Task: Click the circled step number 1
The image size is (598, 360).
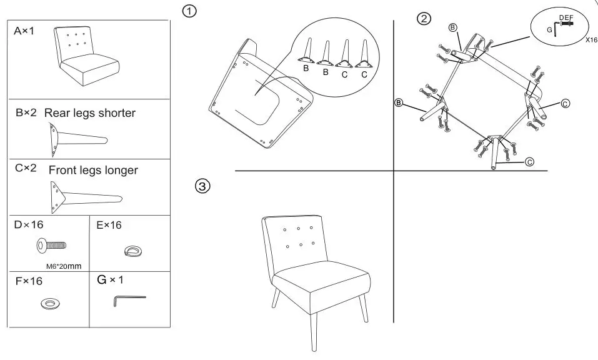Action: pyautogui.click(x=189, y=11)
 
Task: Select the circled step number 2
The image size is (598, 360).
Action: pyautogui.click(x=424, y=19)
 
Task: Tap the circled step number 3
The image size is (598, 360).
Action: pyautogui.click(x=203, y=186)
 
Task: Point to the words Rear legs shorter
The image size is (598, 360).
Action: pyautogui.click(x=90, y=113)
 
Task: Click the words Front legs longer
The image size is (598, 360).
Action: pyautogui.click(x=93, y=170)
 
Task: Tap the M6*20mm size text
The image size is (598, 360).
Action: pyautogui.click(x=64, y=267)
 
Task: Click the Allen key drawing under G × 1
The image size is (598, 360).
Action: pyautogui.click(x=129, y=301)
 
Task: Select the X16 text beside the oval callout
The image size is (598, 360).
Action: pyautogui.click(x=591, y=40)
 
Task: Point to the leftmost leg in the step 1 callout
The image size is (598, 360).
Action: pyautogui.click(x=307, y=52)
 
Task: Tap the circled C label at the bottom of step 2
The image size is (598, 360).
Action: pyautogui.click(x=529, y=162)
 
